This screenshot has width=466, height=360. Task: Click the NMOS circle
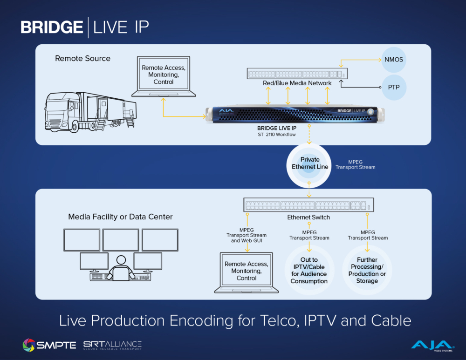[394, 60]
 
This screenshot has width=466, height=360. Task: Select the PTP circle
[394, 87]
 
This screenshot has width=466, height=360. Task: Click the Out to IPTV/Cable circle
[309, 271]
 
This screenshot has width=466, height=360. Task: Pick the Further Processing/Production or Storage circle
[367, 271]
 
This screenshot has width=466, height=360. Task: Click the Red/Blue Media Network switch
[297, 74]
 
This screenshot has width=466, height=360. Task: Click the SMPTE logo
[49, 345]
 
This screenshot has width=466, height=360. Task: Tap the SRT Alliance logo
[112, 345]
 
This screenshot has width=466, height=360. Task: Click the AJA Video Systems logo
[431, 345]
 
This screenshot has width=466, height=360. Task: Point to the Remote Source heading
[83, 59]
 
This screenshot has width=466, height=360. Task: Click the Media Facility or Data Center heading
[120, 217]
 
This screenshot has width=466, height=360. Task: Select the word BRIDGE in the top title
[52, 27]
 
